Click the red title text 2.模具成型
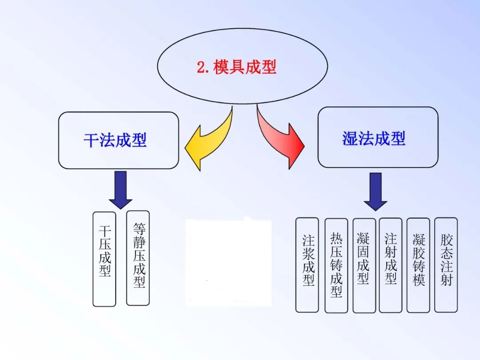236,67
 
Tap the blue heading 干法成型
115,140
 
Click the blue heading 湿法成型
374,138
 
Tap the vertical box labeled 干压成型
104,259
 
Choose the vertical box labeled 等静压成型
138,258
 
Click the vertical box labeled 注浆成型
307,264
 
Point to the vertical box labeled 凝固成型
364,265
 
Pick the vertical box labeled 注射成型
391,265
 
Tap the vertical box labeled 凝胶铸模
418,265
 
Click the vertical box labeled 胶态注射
446,264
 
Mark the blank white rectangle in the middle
228,262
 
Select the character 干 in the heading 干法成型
91,140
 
